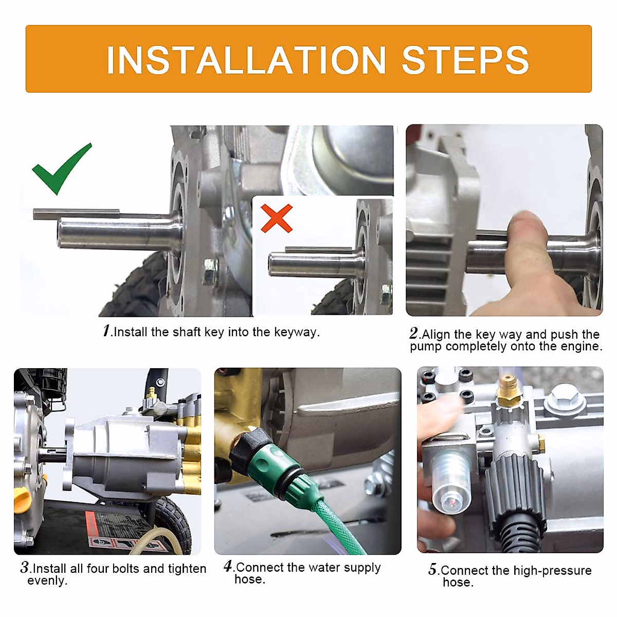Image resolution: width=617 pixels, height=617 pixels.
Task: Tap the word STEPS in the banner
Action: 465,60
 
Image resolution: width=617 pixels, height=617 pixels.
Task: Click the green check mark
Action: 62,169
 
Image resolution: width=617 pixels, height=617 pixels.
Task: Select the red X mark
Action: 277,219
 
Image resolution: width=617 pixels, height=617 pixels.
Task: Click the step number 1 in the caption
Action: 106,331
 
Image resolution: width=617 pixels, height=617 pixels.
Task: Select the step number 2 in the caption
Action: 413,333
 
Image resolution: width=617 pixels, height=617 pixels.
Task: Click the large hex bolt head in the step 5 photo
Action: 565,400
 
